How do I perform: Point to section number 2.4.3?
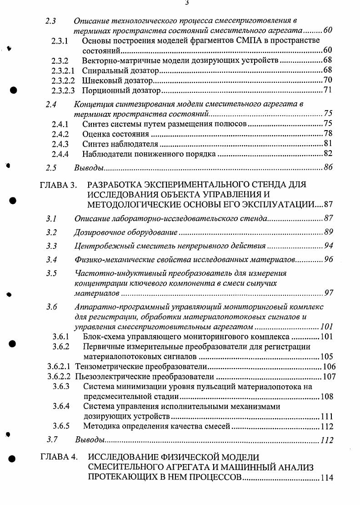click(x=60, y=144)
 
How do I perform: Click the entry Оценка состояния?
click(x=116, y=134)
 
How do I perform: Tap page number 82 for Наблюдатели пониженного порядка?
click(x=328, y=154)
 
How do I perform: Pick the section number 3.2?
click(x=51, y=232)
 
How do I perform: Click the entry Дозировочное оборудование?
click(x=125, y=232)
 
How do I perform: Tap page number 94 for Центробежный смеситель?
click(x=329, y=246)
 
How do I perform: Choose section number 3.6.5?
click(x=60, y=426)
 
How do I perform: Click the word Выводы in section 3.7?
click(x=90, y=440)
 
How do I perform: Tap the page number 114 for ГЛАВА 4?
click(x=327, y=478)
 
